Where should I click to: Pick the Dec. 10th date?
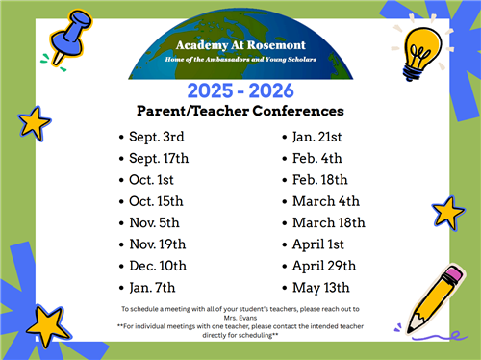pos(158,266)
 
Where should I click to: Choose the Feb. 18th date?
pos(320,179)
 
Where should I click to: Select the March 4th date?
pos(326,200)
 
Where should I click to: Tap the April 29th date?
pos(324,266)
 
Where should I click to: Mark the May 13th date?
pos(320,287)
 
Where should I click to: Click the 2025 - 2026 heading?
pos(240,91)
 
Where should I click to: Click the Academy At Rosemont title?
pos(240,45)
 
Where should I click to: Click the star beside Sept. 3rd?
pos(35,122)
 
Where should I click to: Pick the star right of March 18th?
pos(447,212)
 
